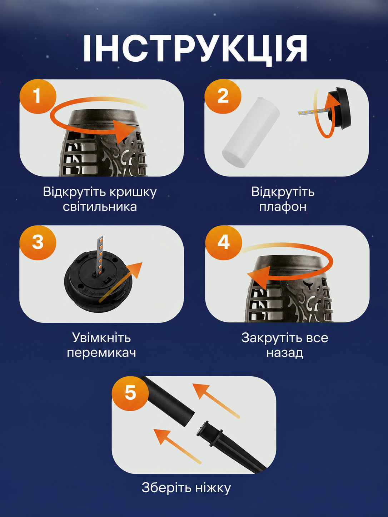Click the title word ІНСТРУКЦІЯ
tap(195, 49)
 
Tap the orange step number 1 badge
tap(38, 96)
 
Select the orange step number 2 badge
tap(223, 96)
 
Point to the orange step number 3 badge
tap(38, 242)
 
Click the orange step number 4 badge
tap(224, 242)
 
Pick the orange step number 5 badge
tap(130, 393)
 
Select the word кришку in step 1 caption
tap(133, 192)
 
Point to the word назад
tap(285, 353)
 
